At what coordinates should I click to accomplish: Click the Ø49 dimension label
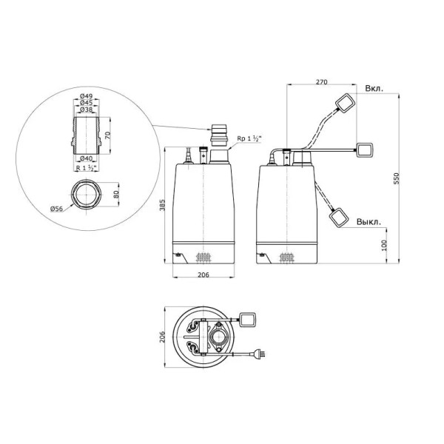pos(86,96)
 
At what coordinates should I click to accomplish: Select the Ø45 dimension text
pos(86,103)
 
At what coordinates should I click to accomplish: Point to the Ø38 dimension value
pos(86,110)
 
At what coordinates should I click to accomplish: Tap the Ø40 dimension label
pos(86,158)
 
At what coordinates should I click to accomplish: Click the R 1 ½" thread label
pos(87,168)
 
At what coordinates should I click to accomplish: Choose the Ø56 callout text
pos(56,209)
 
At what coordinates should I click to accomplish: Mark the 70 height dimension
pos(107,135)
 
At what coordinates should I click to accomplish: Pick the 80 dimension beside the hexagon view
pos(116,194)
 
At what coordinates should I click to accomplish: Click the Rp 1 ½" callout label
pos(249,139)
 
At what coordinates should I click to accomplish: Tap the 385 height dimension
pos(162,205)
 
